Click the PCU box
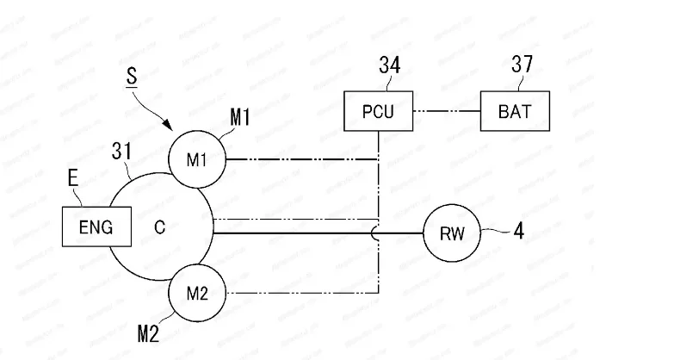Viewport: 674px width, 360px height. [379, 111]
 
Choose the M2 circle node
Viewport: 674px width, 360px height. [197, 294]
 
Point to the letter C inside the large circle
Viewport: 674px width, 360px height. [160, 228]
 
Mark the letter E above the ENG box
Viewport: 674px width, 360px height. [74, 178]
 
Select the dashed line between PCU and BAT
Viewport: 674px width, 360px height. [446, 111]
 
